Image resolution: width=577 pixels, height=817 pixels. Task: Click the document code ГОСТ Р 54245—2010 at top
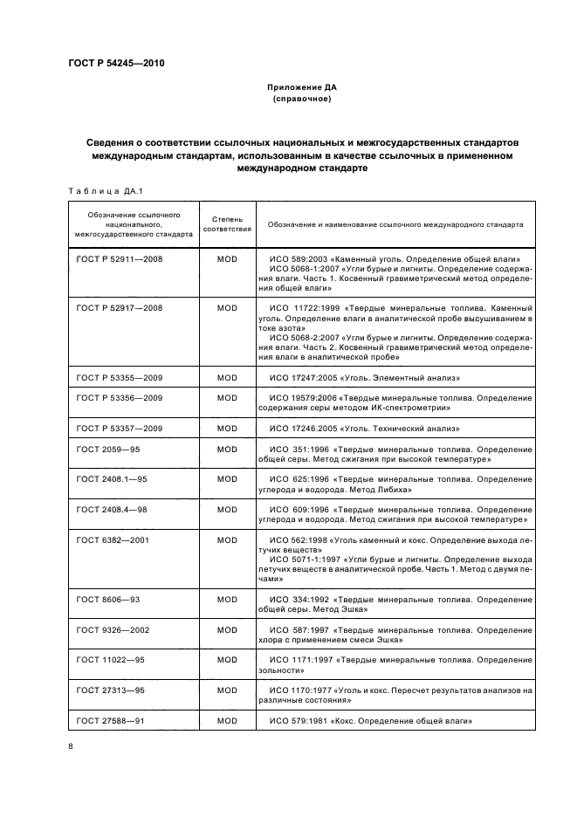click(116, 64)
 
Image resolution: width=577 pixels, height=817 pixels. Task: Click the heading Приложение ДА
click(301, 88)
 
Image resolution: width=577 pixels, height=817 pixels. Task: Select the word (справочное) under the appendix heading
click(301, 100)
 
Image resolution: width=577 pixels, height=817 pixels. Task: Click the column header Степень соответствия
click(227, 224)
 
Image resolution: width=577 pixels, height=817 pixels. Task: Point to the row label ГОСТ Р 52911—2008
click(120, 259)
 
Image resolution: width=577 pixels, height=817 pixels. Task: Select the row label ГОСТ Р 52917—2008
click(120, 308)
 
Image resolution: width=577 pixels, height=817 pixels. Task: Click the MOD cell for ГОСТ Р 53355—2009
click(227, 377)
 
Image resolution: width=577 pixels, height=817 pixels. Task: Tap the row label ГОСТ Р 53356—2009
click(120, 398)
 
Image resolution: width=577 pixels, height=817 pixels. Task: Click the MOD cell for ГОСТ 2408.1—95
click(227, 479)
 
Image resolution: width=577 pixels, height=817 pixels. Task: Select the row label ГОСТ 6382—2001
click(113, 539)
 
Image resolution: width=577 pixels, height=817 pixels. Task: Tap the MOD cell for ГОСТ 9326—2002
click(227, 629)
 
